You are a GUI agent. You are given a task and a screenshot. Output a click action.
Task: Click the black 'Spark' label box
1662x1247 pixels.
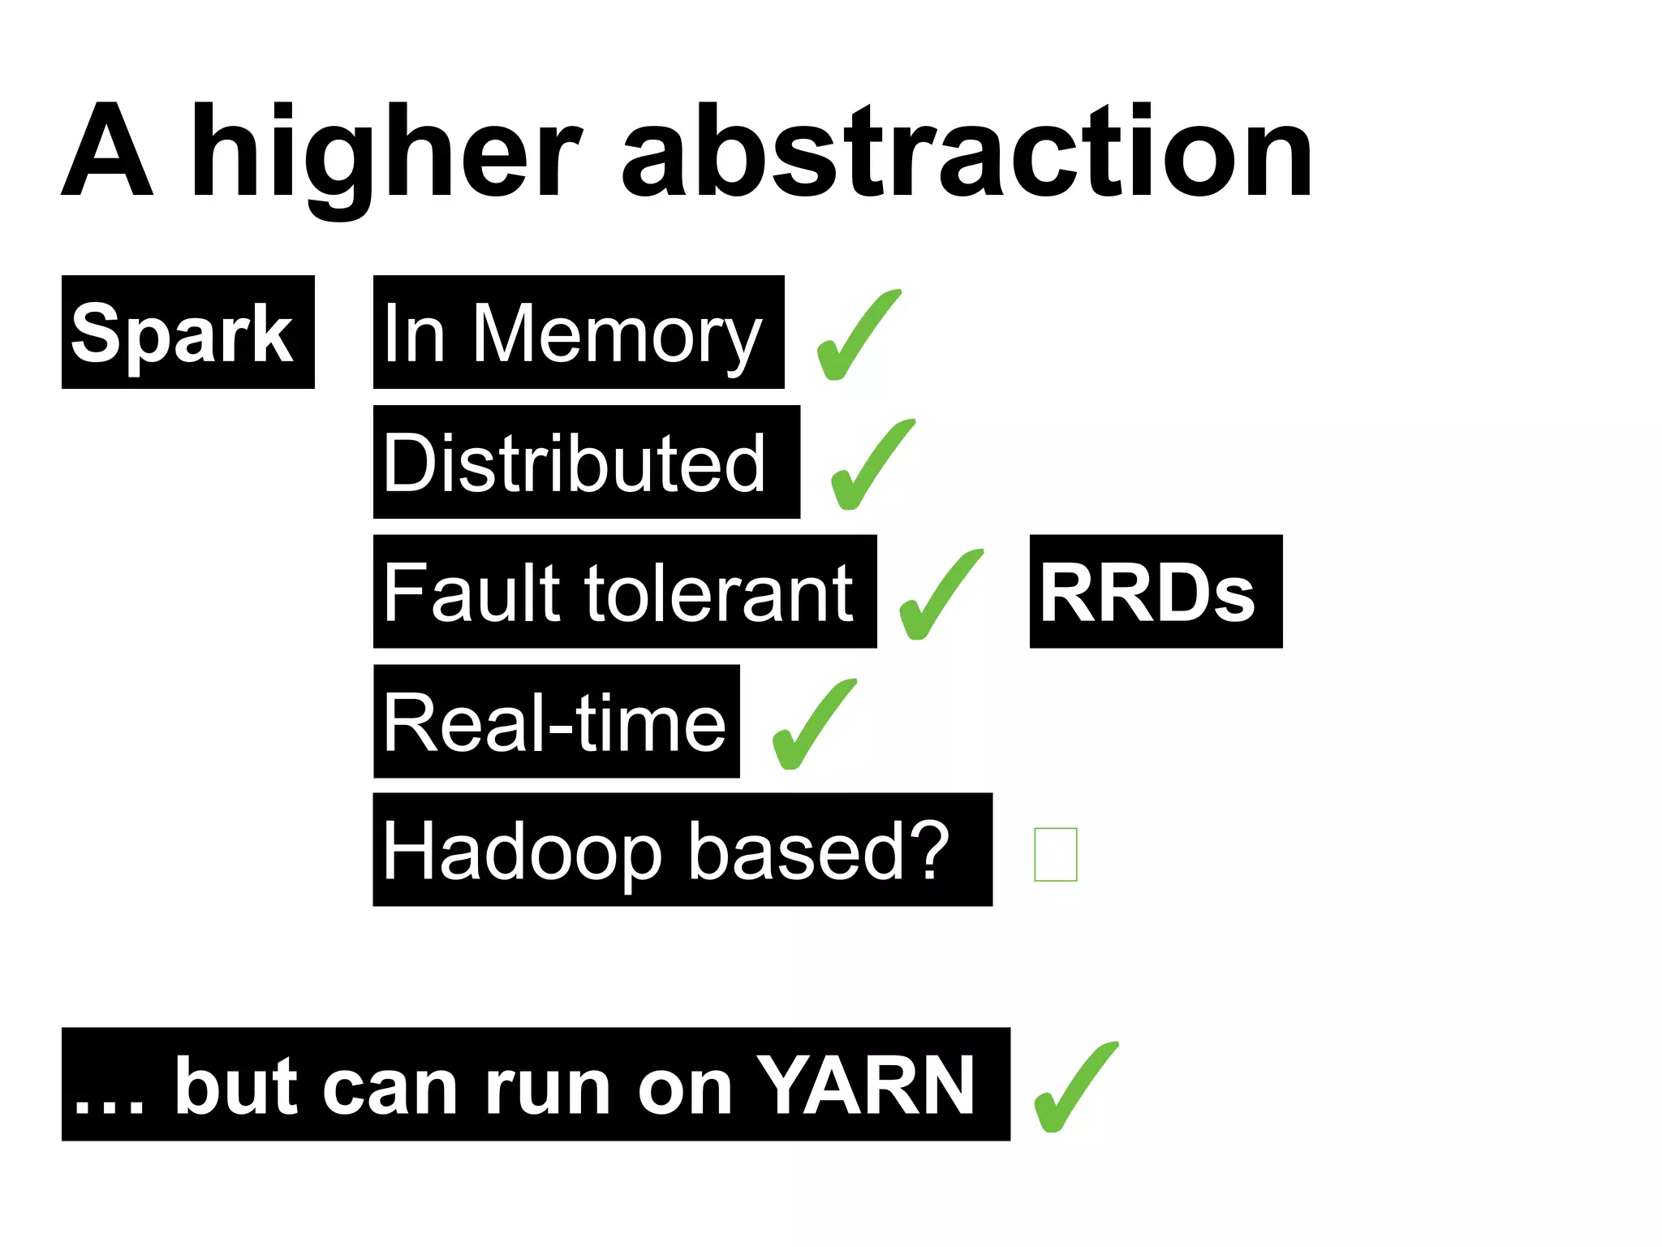(187, 332)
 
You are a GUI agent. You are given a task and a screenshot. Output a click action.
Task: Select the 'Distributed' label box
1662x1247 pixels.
(586, 462)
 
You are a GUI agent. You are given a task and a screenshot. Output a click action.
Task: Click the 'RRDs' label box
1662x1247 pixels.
(1155, 592)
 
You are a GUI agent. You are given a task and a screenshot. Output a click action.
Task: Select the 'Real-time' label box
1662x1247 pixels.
(556, 722)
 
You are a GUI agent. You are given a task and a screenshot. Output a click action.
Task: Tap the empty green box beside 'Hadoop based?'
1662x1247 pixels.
(1055, 854)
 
